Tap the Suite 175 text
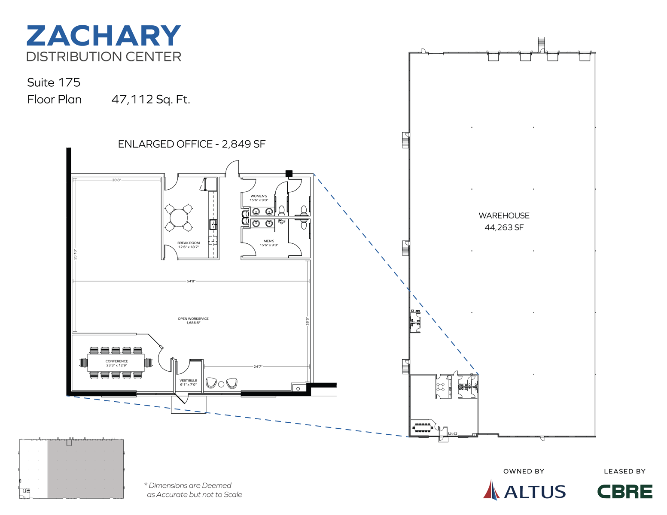click(x=54, y=82)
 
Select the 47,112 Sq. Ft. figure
click(x=150, y=100)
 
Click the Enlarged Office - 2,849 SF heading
click(x=192, y=144)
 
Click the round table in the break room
click(x=178, y=218)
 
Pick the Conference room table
click(x=116, y=363)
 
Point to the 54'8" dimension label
click(x=191, y=281)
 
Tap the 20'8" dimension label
click(x=116, y=180)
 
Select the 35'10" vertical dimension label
click(x=75, y=254)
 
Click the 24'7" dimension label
click(x=257, y=367)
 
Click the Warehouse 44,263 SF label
click(x=504, y=221)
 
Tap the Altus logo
click(x=524, y=491)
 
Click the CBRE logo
click(x=624, y=491)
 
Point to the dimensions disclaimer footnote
click(x=193, y=490)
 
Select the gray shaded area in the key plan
click(x=85, y=469)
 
